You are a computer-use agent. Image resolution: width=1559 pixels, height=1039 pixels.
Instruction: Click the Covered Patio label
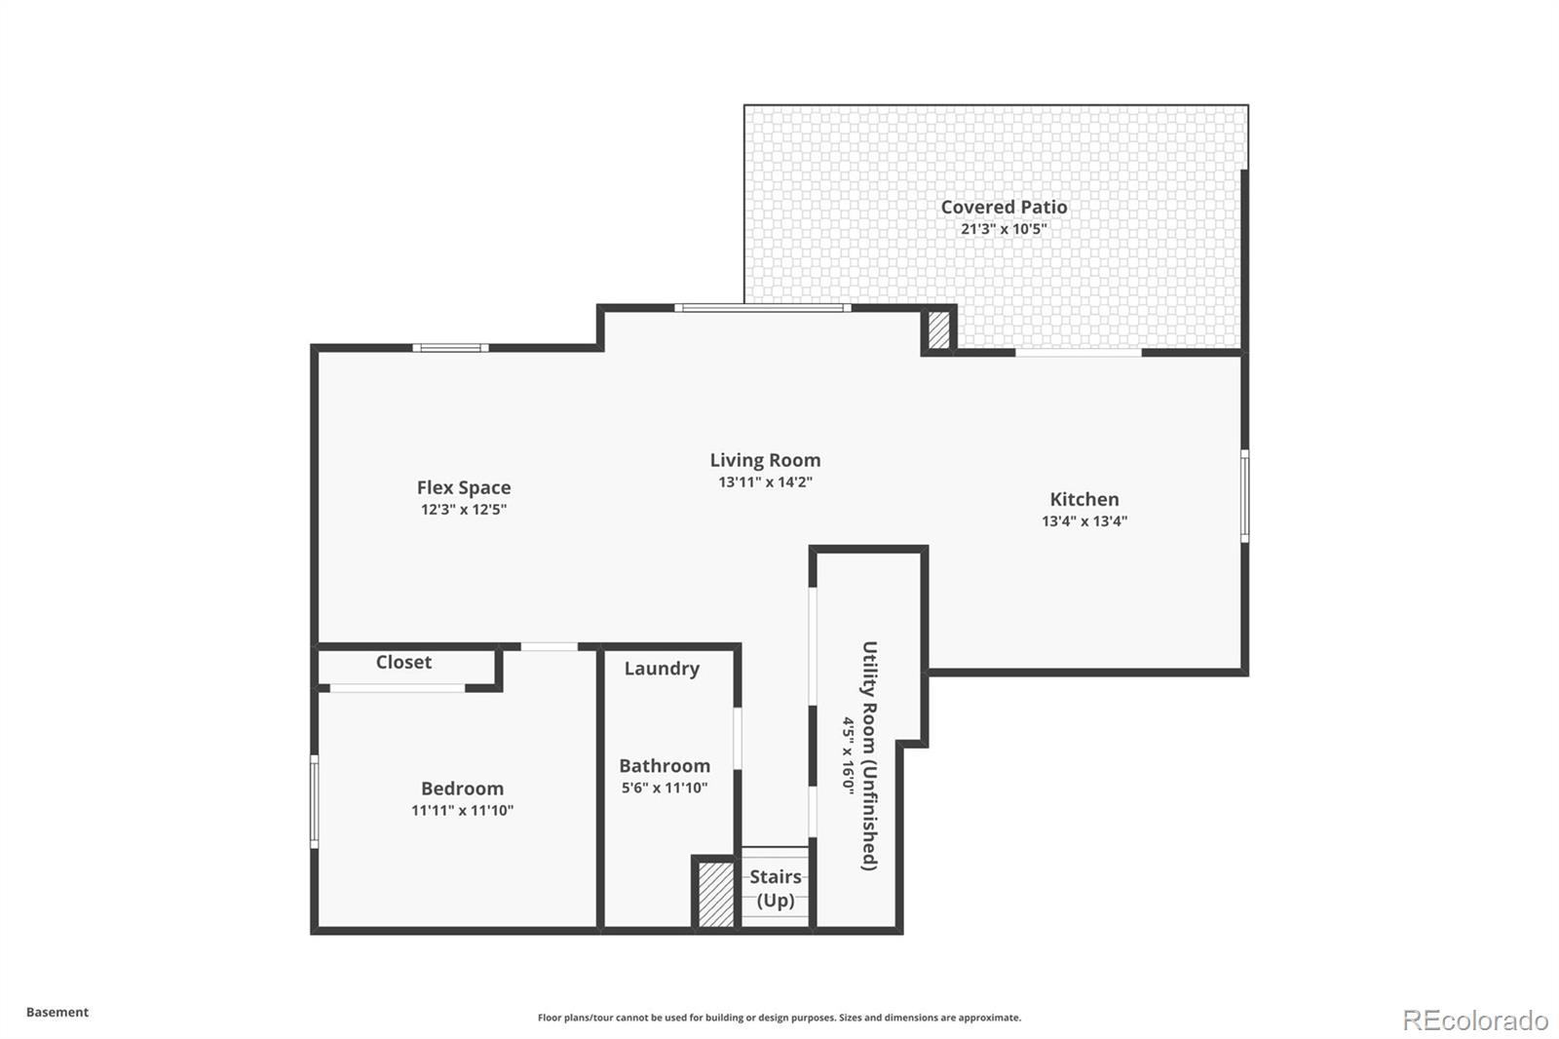click(x=1004, y=207)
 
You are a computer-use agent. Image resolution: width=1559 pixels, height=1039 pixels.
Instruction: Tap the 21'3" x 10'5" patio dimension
click(x=1004, y=229)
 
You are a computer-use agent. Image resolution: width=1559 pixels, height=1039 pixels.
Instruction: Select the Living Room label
click(x=765, y=460)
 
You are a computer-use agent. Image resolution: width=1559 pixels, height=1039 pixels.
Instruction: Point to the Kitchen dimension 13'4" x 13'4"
click(x=1084, y=521)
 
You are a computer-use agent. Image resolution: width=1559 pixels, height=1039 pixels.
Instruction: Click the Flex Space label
click(x=464, y=487)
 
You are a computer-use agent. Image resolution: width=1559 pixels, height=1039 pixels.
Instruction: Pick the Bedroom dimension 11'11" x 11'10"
click(x=462, y=810)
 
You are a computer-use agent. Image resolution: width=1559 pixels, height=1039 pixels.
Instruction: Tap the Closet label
click(x=403, y=662)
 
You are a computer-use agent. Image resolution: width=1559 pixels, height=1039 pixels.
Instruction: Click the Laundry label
click(x=662, y=669)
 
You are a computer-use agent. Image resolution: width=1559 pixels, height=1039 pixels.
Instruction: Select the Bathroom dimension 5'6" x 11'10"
click(x=665, y=788)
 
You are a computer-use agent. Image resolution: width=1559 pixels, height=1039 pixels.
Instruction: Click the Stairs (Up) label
click(x=776, y=888)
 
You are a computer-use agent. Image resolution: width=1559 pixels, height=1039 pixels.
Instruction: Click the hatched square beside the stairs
click(x=716, y=894)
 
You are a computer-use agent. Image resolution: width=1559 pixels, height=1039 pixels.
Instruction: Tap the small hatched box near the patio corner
click(x=938, y=329)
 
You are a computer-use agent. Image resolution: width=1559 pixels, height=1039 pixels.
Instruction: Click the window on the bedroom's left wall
click(x=314, y=801)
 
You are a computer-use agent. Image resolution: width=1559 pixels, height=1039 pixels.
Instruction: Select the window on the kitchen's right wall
click(x=1244, y=494)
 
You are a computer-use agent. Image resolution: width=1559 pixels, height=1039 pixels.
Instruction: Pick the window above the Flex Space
click(x=450, y=348)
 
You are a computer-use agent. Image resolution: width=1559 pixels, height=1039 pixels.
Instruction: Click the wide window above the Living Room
click(x=763, y=308)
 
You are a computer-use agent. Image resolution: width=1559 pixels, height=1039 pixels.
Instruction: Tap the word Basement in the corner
click(x=57, y=1012)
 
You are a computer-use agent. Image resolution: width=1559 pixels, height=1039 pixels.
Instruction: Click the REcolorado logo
click(x=1475, y=1020)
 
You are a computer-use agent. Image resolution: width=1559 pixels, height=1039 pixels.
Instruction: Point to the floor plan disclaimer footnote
click(x=779, y=1018)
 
